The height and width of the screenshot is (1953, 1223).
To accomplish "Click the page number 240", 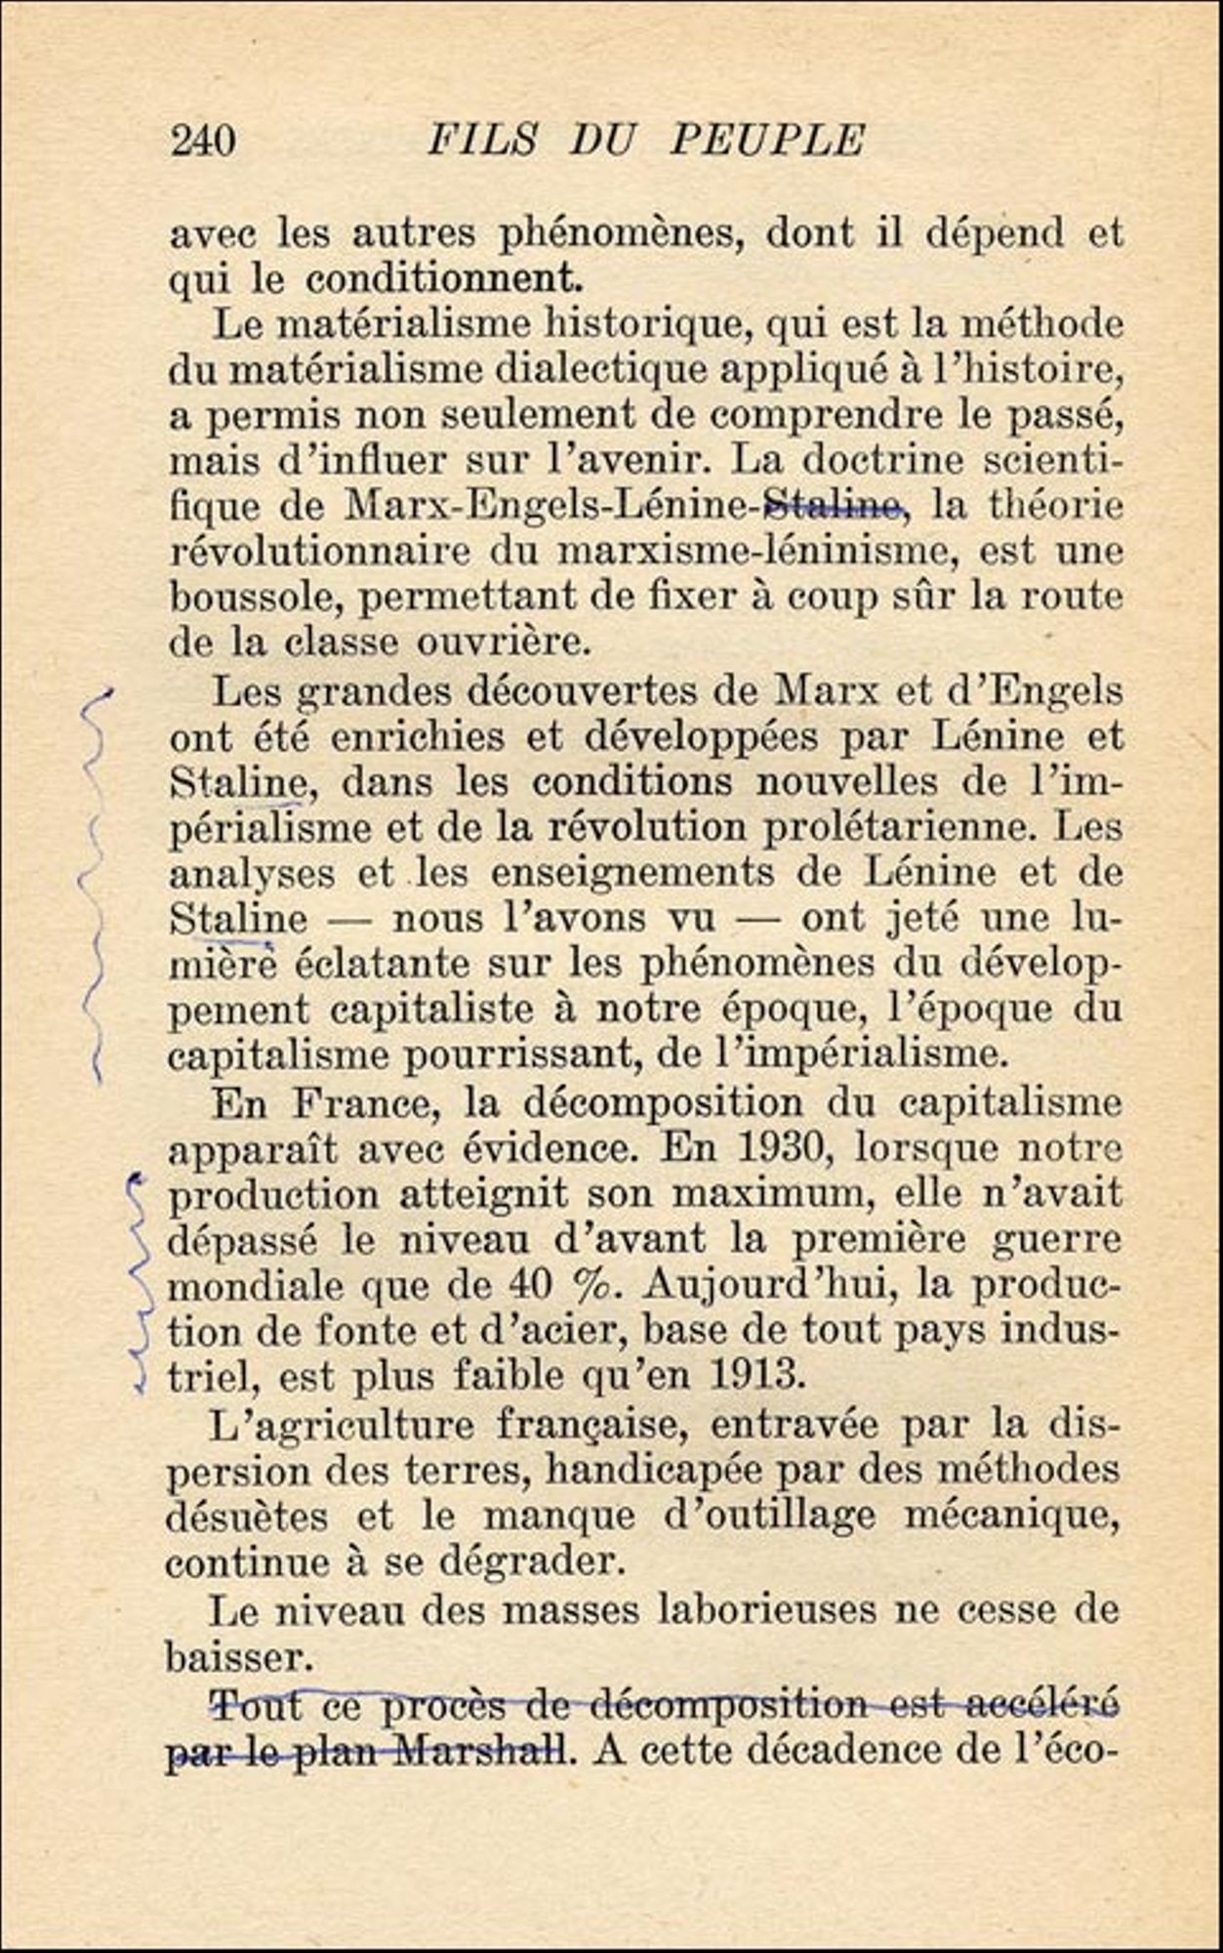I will pos(203,142).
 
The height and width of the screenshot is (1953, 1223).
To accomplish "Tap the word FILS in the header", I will pos(482,140).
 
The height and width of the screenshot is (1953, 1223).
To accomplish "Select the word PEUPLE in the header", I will pos(767,140).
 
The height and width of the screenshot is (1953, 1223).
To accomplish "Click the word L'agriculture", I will pos(342,1425).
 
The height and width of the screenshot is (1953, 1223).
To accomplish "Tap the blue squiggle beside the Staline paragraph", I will pos(95,879).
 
